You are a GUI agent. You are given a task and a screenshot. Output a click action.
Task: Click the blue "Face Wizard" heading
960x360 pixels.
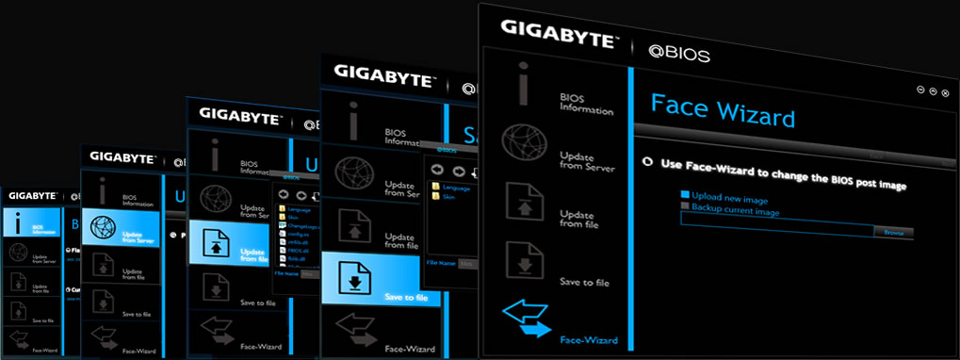point(723,110)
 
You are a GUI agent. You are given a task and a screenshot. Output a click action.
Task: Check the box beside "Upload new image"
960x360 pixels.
point(685,196)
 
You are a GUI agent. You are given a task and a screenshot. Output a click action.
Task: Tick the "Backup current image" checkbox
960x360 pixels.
point(686,207)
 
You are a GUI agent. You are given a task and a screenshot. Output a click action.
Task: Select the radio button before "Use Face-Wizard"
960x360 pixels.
point(647,162)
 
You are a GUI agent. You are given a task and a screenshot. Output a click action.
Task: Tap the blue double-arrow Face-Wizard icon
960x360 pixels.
point(525,319)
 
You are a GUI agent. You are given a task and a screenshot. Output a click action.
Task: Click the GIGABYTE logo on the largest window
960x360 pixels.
point(559,30)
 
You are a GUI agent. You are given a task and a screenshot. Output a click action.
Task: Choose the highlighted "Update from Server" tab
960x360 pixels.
point(121,226)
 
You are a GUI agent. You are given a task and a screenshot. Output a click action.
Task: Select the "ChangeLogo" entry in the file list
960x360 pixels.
point(301,227)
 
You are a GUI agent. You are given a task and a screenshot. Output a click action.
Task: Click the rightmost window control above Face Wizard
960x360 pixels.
point(944,91)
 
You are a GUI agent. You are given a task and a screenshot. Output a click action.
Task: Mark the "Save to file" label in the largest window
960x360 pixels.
point(584,283)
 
